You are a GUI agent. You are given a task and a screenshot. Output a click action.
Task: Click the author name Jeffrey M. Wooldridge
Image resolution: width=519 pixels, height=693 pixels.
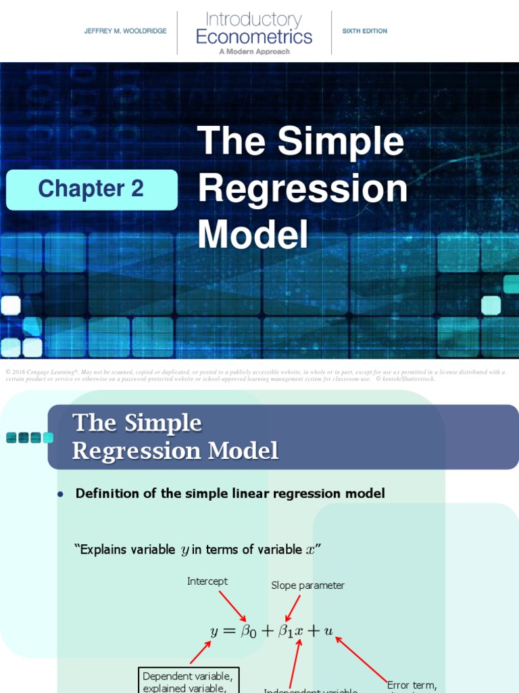click(125, 31)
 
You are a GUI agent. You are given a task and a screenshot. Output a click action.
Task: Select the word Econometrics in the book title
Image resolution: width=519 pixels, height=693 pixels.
click(254, 37)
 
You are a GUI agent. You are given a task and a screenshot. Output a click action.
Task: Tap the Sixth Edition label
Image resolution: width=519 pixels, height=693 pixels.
click(365, 31)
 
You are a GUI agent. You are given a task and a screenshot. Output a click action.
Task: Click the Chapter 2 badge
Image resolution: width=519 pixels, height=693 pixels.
click(91, 189)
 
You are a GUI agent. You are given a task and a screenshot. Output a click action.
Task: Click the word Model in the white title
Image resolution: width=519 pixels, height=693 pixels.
click(253, 235)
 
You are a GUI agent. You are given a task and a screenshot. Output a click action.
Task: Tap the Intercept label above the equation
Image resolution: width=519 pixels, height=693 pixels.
click(207, 581)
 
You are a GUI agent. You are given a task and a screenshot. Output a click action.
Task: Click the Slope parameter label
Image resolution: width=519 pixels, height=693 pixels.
click(307, 585)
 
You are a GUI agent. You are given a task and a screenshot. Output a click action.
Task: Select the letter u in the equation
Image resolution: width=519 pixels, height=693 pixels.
click(328, 631)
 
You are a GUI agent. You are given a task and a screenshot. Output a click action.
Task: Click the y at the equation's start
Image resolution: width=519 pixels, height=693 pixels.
click(214, 632)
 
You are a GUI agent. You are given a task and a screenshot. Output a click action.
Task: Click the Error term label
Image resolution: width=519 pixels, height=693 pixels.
click(412, 685)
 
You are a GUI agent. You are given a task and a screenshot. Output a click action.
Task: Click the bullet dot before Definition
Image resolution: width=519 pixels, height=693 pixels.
click(60, 495)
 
